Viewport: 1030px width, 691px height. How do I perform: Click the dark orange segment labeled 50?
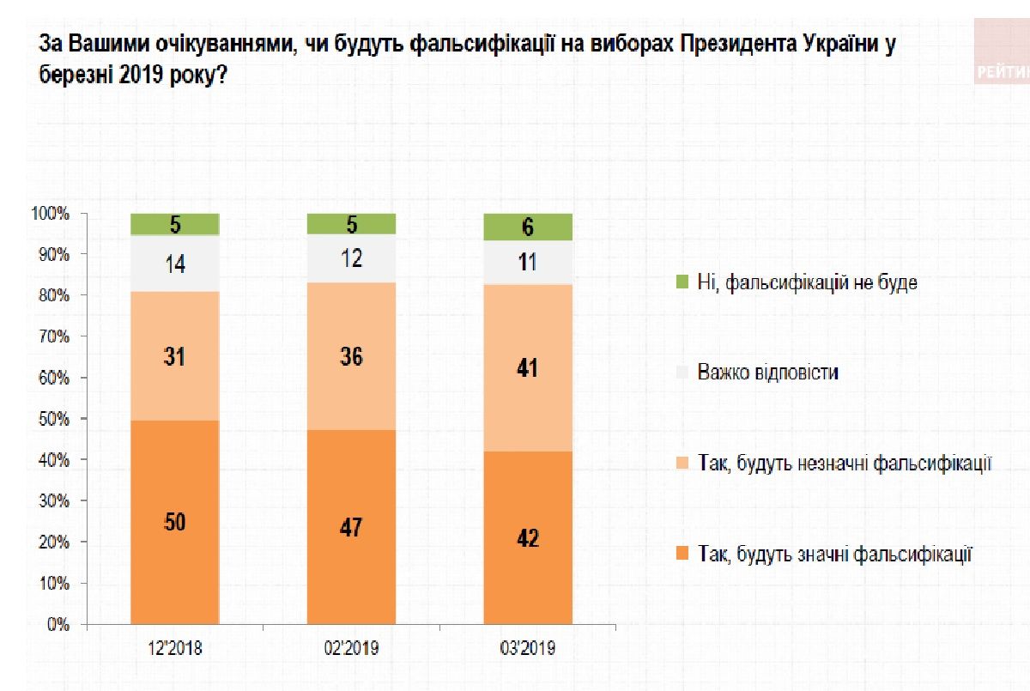(x=175, y=521)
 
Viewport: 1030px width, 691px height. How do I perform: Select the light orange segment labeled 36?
(x=351, y=355)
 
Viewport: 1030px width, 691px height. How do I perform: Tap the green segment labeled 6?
(x=528, y=227)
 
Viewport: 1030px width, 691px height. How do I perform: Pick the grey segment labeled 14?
(x=175, y=264)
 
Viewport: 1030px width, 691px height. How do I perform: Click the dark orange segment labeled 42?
(x=528, y=536)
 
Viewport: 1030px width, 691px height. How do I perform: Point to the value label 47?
(x=351, y=525)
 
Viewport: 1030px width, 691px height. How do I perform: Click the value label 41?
(x=528, y=368)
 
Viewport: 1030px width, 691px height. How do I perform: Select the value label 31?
(x=175, y=355)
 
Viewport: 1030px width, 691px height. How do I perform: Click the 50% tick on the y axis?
(x=53, y=419)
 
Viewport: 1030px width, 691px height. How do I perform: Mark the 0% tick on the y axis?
(x=58, y=625)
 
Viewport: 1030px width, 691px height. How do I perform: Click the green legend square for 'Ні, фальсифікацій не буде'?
(x=682, y=282)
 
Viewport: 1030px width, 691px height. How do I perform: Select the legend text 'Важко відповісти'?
(x=767, y=373)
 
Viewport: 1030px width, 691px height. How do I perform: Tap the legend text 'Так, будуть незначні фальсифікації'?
(x=845, y=464)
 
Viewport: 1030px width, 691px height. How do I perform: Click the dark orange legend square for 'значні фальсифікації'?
(x=682, y=555)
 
